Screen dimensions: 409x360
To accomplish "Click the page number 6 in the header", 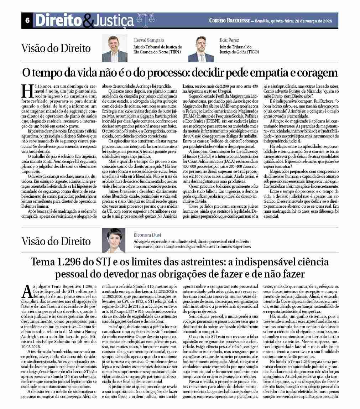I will click(x=27, y=21).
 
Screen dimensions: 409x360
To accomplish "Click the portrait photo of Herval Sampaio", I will click(x=115, y=48).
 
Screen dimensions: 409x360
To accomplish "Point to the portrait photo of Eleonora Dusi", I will click(x=114, y=240).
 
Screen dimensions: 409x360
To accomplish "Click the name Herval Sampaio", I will click(x=149, y=40).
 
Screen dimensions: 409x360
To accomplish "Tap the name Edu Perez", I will click(x=229, y=40).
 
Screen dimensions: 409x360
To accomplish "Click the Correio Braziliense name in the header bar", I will click(x=234, y=21).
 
